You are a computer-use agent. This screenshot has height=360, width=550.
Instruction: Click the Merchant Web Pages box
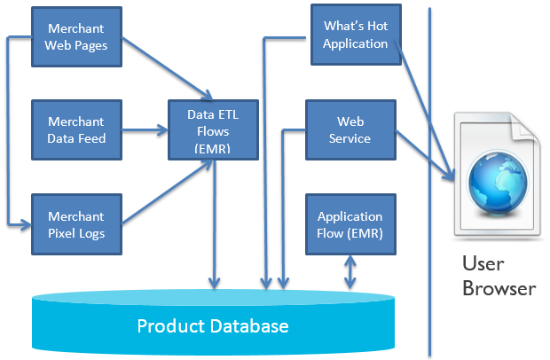tap(77, 37)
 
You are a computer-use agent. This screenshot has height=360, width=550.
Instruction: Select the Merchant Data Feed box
tap(77, 130)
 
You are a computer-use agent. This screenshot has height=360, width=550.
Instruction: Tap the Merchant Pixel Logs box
tap(77, 224)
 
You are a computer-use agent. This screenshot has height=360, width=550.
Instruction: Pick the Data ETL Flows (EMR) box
tap(213, 130)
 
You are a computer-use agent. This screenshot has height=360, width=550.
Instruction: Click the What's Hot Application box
tap(356, 35)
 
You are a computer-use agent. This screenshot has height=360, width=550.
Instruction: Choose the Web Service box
tap(350, 130)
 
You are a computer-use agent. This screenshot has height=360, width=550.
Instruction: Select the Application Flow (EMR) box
tap(350, 224)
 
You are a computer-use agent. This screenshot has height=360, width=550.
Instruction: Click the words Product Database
tap(213, 326)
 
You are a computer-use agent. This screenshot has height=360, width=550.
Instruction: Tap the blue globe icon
tap(498, 181)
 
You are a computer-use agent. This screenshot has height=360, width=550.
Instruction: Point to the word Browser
tap(499, 288)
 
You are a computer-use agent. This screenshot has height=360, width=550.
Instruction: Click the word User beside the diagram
tap(483, 263)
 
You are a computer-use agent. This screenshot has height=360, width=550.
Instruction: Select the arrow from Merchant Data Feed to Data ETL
tap(145, 130)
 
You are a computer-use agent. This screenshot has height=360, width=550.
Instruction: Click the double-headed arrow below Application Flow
tap(350, 272)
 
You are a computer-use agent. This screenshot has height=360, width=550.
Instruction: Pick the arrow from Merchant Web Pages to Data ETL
tap(168, 68)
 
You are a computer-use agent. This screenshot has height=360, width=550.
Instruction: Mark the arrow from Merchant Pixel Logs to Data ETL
tap(168, 192)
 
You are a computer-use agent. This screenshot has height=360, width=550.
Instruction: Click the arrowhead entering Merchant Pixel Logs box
tap(26, 224)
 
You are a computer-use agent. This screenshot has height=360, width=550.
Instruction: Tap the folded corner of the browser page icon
tap(524, 127)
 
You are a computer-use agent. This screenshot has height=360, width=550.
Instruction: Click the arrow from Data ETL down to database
tap(214, 224)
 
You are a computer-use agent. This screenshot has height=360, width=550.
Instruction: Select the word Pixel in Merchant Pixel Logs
tap(61, 233)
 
